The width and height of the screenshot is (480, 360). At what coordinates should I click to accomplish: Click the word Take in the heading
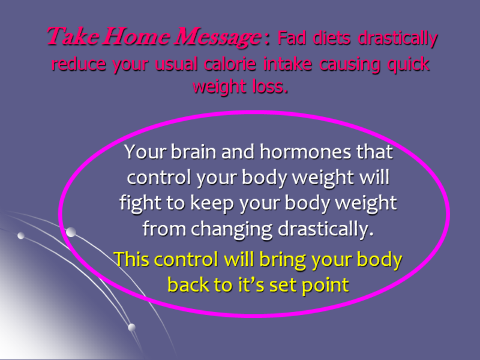[x=73, y=37]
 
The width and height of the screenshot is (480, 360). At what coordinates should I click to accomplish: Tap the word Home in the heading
[x=136, y=37]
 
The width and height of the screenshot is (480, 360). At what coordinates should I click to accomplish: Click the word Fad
[x=292, y=38]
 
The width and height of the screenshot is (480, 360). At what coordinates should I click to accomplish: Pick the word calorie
[x=230, y=64]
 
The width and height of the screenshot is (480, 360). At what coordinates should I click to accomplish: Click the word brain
[x=193, y=152]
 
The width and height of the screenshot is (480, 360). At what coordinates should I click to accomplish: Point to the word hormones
[x=305, y=152]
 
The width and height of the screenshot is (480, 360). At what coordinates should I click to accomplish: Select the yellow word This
[x=132, y=259]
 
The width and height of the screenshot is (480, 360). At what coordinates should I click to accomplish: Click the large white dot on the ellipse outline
[x=71, y=232]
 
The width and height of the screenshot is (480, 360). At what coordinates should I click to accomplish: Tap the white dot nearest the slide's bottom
[x=131, y=327]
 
